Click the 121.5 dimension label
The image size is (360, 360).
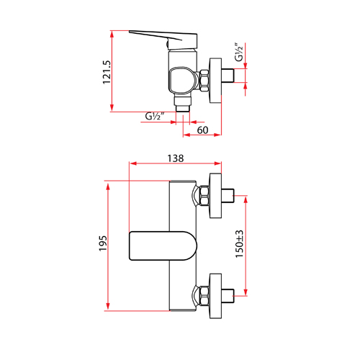point(107,72)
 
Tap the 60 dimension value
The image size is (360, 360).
point(202,130)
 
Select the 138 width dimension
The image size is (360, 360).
point(176,158)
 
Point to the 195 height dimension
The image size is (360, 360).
point(103,243)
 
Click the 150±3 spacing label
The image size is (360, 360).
point(239,244)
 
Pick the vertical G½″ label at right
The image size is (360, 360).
point(239,52)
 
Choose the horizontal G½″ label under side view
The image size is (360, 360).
point(155,117)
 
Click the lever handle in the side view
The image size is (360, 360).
point(163,38)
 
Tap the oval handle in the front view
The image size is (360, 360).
point(163,246)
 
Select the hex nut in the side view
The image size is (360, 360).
point(204,81)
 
